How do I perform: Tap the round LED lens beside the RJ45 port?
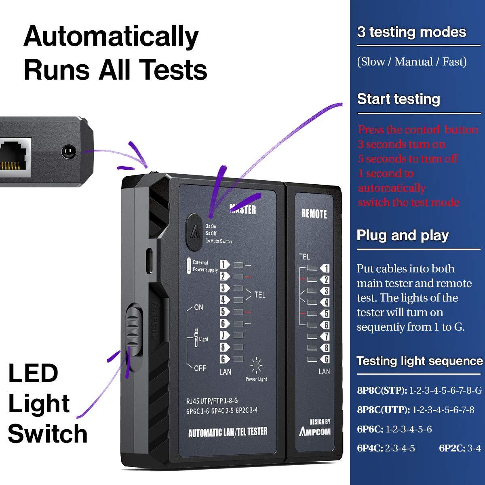(x=68, y=152)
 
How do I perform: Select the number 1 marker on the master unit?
(x=224, y=265)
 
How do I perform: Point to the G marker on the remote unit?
(x=325, y=359)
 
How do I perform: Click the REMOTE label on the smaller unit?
(x=314, y=214)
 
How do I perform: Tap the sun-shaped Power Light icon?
(x=257, y=366)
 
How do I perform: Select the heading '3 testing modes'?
(x=411, y=32)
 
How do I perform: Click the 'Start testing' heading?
(x=399, y=99)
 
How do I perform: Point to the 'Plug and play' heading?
(x=403, y=235)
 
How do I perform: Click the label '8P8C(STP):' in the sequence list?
(x=382, y=390)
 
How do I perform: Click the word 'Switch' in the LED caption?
(x=48, y=433)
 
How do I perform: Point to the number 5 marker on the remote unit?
(x=325, y=314)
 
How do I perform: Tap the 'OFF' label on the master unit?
(x=200, y=368)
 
